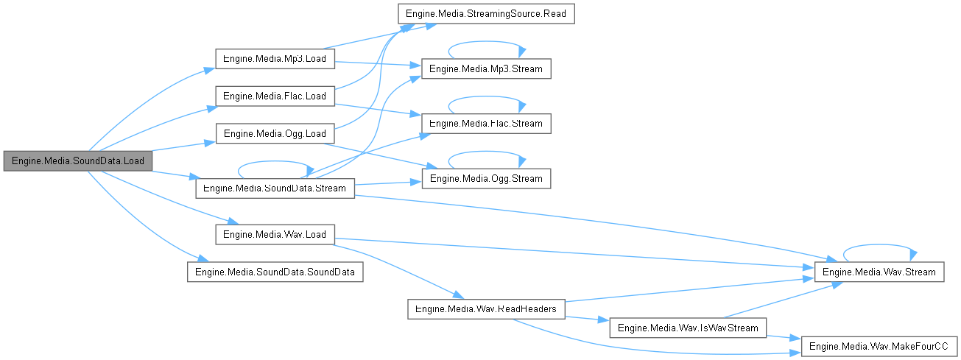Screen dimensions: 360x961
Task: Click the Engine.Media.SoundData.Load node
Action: [x=77, y=160]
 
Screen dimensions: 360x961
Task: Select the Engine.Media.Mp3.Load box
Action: [x=275, y=58]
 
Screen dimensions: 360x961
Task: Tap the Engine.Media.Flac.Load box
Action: [x=275, y=96]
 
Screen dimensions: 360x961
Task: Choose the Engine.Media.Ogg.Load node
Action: [x=275, y=133]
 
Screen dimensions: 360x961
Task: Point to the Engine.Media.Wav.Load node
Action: [x=275, y=234]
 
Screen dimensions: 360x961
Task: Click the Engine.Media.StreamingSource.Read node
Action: [x=485, y=14]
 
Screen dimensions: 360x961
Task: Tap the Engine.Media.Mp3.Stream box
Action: [x=485, y=68]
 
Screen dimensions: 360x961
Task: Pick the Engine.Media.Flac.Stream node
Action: [x=485, y=123]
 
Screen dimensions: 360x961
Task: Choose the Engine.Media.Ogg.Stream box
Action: [x=485, y=178]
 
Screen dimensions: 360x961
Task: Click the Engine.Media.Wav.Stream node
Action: [x=879, y=272]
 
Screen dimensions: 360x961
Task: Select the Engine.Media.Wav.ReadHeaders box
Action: [x=487, y=308]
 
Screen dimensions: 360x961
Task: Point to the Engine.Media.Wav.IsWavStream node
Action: [x=689, y=328]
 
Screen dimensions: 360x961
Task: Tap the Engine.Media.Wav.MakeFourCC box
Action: [x=879, y=346]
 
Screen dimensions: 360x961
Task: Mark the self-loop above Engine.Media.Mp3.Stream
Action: [x=485, y=43]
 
